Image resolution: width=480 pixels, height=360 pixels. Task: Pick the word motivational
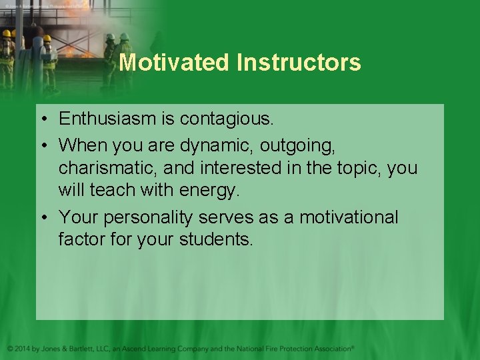click(348, 217)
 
